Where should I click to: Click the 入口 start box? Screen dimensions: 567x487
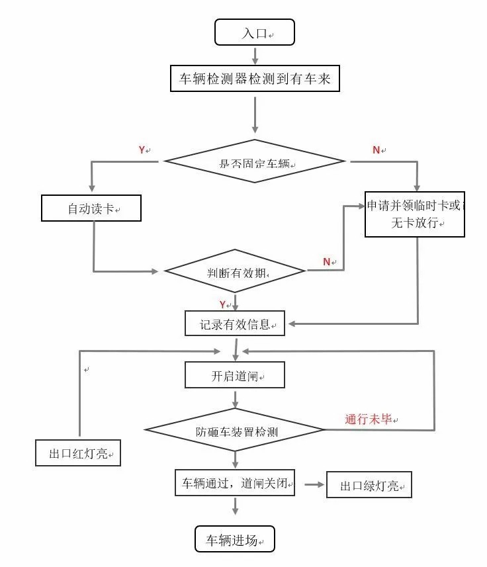(254, 32)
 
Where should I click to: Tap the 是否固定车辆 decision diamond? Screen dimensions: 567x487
(255, 161)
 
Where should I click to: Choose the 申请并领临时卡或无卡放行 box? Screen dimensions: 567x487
(415, 214)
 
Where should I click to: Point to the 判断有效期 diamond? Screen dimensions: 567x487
(235, 271)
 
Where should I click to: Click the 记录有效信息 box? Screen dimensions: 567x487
(235, 324)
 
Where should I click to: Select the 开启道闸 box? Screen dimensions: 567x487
(235, 374)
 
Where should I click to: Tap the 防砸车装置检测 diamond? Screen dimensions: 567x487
(235, 431)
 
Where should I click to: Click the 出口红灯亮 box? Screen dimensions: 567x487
(78, 453)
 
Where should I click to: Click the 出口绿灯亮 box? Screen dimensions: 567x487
(369, 485)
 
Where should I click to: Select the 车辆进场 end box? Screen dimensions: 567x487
(234, 539)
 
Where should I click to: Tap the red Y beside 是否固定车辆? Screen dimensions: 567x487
(142, 150)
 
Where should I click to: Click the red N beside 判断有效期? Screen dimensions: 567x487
(326, 262)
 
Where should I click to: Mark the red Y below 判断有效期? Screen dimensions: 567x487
(223, 304)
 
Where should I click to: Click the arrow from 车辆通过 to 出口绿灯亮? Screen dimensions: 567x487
(315, 485)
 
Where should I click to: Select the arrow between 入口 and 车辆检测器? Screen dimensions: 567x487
(255, 54)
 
